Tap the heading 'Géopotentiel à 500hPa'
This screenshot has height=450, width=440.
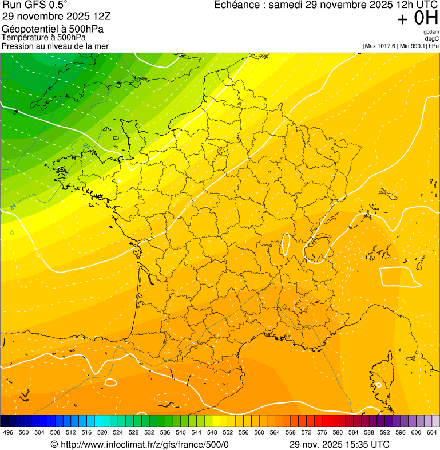(x=53, y=29)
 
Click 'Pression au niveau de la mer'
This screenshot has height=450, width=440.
(x=55, y=46)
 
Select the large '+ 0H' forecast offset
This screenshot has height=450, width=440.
(x=418, y=19)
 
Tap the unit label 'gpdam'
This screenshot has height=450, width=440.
(x=431, y=32)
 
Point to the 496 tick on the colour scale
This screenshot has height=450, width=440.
(x=7, y=433)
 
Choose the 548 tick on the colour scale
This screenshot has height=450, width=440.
(x=212, y=433)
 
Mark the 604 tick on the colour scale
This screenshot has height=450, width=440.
(x=432, y=433)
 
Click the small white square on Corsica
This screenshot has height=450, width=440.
(x=378, y=385)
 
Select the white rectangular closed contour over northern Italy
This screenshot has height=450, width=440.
(x=398, y=275)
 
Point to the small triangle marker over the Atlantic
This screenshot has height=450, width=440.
(x=12, y=232)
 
